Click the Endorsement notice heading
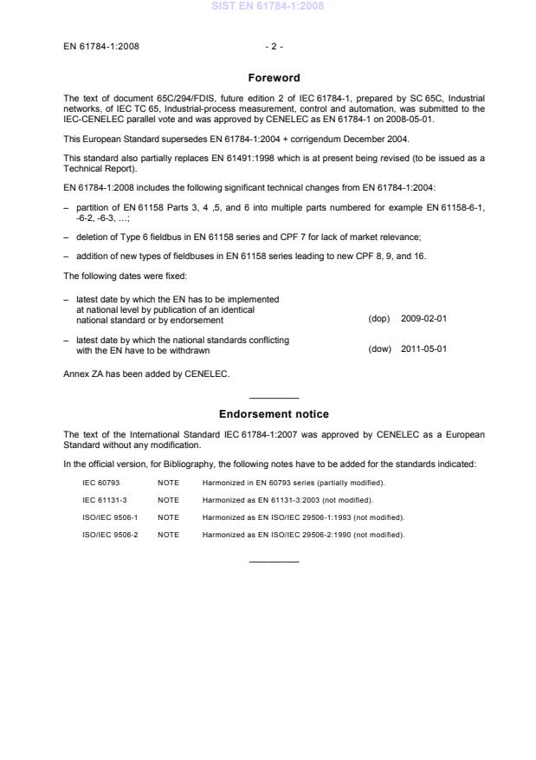[x=274, y=414]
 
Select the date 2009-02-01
[x=424, y=319]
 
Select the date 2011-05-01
[x=424, y=349]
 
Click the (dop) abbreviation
[x=379, y=319]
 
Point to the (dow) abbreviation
[x=379, y=349]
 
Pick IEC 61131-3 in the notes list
[x=100, y=499]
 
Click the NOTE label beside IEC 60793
[x=168, y=482]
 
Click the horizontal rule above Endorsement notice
[x=274, y=397]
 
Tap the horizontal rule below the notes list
[x=274, y=562]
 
